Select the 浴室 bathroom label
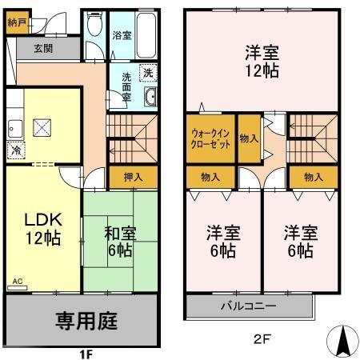click(x=122, y=36)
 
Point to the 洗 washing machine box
click(x=146, y=73)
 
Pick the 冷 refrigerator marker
click(x=16, y=150)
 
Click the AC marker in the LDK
click(x=17, y=282)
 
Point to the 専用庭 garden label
click(x=86, y=321)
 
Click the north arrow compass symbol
click(x=342, y=341)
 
